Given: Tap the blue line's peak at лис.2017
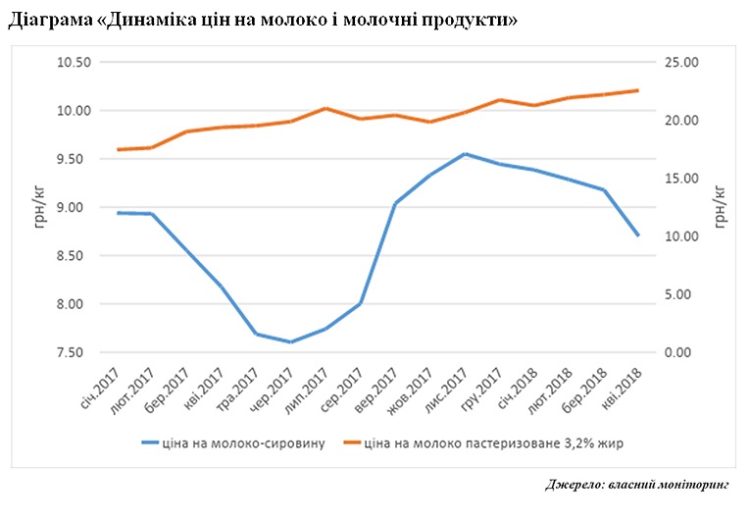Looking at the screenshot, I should click(465, 154).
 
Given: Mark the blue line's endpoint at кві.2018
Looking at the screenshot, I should click(638, 235).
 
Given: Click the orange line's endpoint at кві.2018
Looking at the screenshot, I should click(638, 90).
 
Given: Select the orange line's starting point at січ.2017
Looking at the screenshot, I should click(118, 150).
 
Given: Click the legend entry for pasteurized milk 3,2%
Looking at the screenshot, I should click(494, 443).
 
